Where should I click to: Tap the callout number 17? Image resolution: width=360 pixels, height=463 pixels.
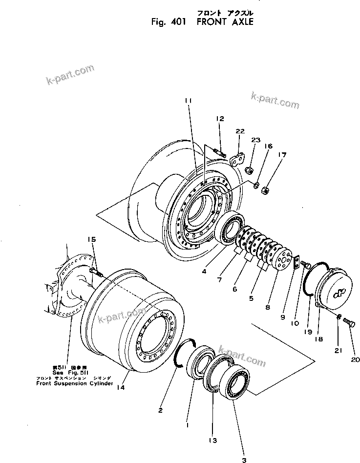[282, 155]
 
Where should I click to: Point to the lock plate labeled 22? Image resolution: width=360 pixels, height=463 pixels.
[238, 159]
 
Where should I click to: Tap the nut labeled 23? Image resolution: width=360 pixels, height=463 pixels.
[248, 170]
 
